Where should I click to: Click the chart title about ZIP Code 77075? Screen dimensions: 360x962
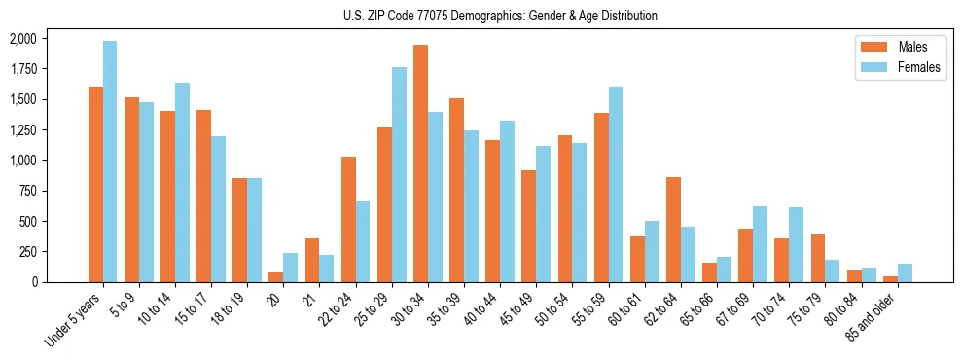point(500,16)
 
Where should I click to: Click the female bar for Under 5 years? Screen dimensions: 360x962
point(110,162)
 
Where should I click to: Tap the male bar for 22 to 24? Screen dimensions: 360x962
point(348,219)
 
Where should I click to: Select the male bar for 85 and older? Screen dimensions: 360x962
point(890,279)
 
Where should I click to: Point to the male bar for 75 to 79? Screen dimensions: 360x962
point(818,258)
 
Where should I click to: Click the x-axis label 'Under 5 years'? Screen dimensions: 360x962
point(74,321)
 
